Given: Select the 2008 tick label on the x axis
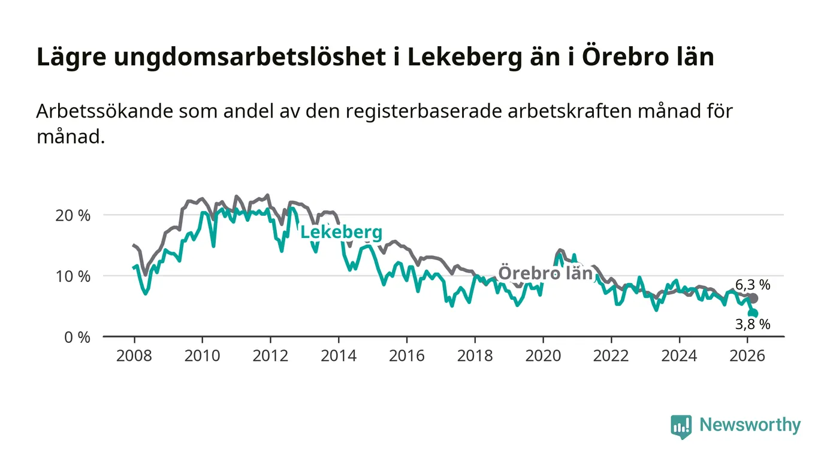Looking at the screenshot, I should coord(134,356).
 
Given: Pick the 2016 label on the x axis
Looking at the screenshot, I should coord(406,356).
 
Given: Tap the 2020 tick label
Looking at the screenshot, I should coord(542,356).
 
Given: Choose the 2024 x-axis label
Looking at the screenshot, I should coord(679,356).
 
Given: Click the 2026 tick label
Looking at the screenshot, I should coord(747,356).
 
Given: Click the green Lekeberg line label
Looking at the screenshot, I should coord(341,233).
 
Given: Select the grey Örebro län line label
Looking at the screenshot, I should coord(545,273).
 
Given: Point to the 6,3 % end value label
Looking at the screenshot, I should coord(753,285).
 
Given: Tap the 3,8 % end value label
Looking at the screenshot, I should coord(753,324).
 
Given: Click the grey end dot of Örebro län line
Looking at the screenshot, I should coord(753,298).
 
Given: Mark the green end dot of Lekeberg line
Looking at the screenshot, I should coord(754,314).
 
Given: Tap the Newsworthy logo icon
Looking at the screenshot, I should coord(681,426).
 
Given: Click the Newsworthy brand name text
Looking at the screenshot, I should coord(750,425).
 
